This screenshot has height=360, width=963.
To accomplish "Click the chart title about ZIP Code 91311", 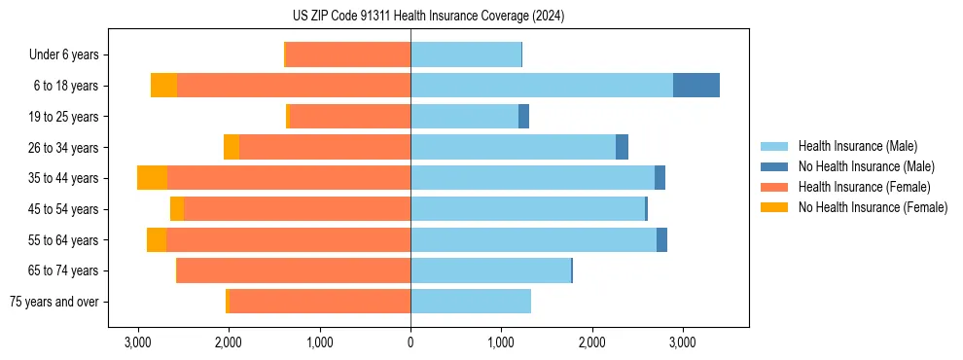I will coord(428,16).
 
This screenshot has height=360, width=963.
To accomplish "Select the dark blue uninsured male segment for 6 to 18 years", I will coord(696,86).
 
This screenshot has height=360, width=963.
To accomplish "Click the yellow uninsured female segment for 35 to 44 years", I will coord(152,178).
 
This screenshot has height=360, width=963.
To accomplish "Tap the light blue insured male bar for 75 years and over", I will coord(471,302).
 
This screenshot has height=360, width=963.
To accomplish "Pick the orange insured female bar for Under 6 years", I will coord(347,54).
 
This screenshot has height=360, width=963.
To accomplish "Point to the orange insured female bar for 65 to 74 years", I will coord(294,270).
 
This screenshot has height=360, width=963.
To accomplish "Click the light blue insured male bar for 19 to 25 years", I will coord(464,117).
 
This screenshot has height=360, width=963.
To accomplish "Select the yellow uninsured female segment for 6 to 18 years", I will coord(163,86).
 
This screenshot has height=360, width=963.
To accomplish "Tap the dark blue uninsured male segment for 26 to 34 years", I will coord(622,147).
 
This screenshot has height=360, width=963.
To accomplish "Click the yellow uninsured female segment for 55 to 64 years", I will coord(157,239).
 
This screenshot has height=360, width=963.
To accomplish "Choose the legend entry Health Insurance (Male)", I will coord(857,146).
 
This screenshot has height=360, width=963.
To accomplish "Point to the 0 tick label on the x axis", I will coord(410,342).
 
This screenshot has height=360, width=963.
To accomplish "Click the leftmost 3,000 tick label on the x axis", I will coord(138,342).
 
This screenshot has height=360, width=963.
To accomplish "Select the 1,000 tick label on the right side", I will coord(500,342).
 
